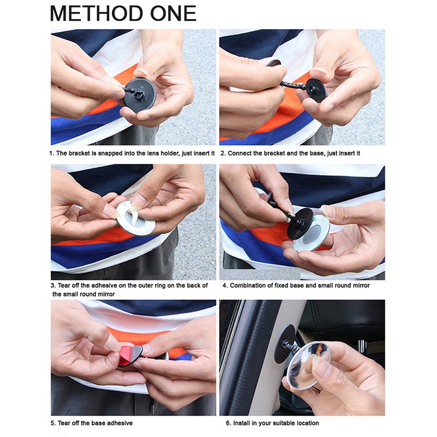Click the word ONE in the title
coord(173,14)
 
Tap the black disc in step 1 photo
coord(139,95)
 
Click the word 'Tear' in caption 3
coord(64,285)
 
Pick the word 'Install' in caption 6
coord(241,423)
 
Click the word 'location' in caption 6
coord(308,423)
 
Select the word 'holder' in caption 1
coord(169,153)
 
